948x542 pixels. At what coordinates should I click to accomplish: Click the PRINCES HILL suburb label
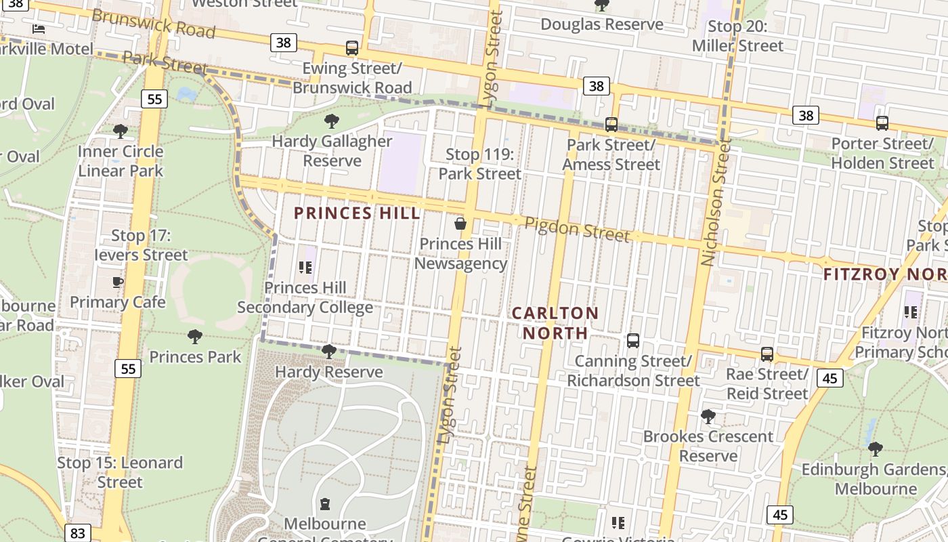click(357, 213)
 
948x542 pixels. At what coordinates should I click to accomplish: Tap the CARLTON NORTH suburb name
click(555, 323)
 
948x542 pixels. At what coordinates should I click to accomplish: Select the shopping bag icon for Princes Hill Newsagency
click(460, 223)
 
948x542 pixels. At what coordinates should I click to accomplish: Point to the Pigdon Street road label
click(577, 229)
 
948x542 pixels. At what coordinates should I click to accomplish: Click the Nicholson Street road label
click(717, 202)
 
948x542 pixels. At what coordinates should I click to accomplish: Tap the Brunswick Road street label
click(153, 24)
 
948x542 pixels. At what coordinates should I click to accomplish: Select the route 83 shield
click(78, 533)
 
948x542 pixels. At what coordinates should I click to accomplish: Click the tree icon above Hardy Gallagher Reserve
click(332, 121)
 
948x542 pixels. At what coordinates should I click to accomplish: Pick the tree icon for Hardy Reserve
click(329, 351)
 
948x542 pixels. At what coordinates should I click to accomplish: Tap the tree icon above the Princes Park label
click(195, 336)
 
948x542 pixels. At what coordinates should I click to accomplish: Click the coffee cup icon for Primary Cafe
click(118, 282)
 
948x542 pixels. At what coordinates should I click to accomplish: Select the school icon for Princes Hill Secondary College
click(305, 268)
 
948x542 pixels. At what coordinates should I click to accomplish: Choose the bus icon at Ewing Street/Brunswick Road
click(352, 48)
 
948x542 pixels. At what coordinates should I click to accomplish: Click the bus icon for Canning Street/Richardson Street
click(633, 340)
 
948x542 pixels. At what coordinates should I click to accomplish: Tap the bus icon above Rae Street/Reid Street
click(767, 354)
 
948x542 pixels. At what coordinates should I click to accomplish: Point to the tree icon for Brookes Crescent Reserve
click(708, 416)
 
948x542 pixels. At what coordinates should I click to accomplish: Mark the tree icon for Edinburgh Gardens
click(876, 449)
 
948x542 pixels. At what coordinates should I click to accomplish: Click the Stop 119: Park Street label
click(479, 164)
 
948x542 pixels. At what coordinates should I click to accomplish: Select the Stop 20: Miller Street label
click(737, 36)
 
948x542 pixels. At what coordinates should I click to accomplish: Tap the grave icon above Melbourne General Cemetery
click(325, 504)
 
